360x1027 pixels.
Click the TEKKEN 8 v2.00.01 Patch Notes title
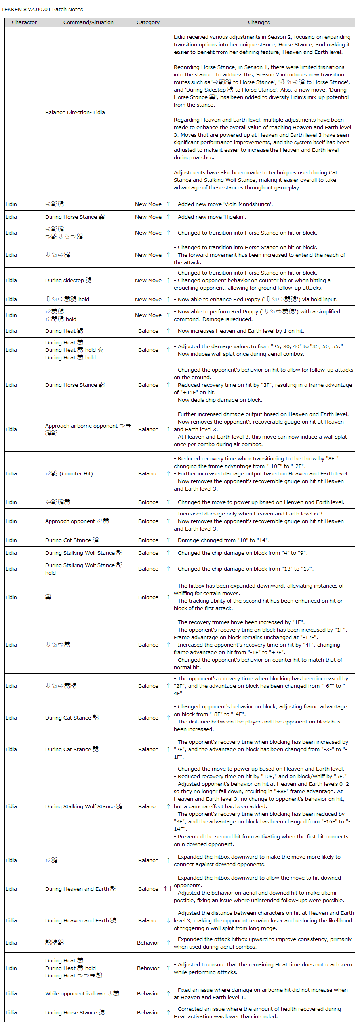pyautogui.click(x=42, y=9)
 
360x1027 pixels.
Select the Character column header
pyautogui.click(x=24, y=22)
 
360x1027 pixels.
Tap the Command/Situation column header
pyautogui.click(x=88, y=22)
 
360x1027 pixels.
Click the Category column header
pyautogui.click(x=148, y=22)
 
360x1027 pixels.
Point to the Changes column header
pyautogui.click(x=259, y=22)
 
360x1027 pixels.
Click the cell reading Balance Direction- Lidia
pyautogui.click(x=75, y=113)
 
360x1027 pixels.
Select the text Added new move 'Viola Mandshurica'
pyautogui.click(x=225, y=204)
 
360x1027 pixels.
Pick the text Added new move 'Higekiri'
pyautogui.click(x=212, y=217)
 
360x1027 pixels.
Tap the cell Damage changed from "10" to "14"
pyautogui.click(x=223, y=540)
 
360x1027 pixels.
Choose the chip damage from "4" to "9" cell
pyautogui.click(x=242, y=553)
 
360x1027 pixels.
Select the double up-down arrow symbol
pyautogui.click(x=168, y=889)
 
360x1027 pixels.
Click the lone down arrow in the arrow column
pyautogui.click(x=168, y=920)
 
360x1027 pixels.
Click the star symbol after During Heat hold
pyautogui.click(x=101, y=350)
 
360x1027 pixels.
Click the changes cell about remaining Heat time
pyautogui.click(x=263, y=968)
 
